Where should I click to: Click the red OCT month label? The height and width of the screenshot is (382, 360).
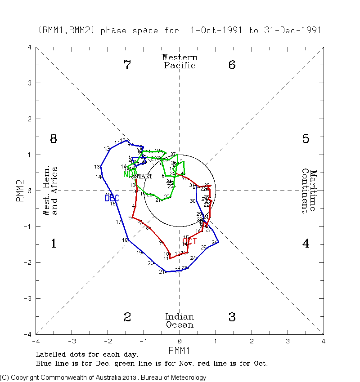pyautogui.click(x=189, y=241)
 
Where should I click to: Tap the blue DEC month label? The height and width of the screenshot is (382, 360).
pyautogui.click(x=112, y=198)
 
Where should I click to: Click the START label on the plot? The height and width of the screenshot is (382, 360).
pyautogui.click(x=143, y=177)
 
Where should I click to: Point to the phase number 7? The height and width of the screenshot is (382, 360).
pyautogui.click(x=127, y=65)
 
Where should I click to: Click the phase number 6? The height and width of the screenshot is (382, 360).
pyautogui.click(x=232, y=65)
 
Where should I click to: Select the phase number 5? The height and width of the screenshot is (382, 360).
pyautogui.click(x=306, y=139)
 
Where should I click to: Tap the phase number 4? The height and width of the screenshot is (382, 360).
pyautogui.click(x=306, y=244)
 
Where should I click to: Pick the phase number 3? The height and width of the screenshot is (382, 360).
pyautogui.click(x=232, y=317)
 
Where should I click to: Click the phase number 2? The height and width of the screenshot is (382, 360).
pyautogui.click(x=127, y=317)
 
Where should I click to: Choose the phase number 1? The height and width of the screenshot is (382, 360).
pyautogui.click(x=54, y=244)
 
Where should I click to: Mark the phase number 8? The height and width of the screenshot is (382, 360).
pyautogui.click(x=54, y=139)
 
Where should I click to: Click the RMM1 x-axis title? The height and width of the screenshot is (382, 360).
pyautogui.click(x=180, y=350)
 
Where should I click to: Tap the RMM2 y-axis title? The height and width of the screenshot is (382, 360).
pyautogui.click(x=20, y=191)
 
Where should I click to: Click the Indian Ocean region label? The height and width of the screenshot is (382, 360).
pyautogui.click(x=180, y=321)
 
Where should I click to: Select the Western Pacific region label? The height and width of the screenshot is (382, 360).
pyautogui.click(x=180, y=61)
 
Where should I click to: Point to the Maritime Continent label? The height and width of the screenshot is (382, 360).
pyautogui.click(x=309, y=191)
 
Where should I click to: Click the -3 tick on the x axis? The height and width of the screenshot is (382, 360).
pyautogui.click(x=72, y=341)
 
